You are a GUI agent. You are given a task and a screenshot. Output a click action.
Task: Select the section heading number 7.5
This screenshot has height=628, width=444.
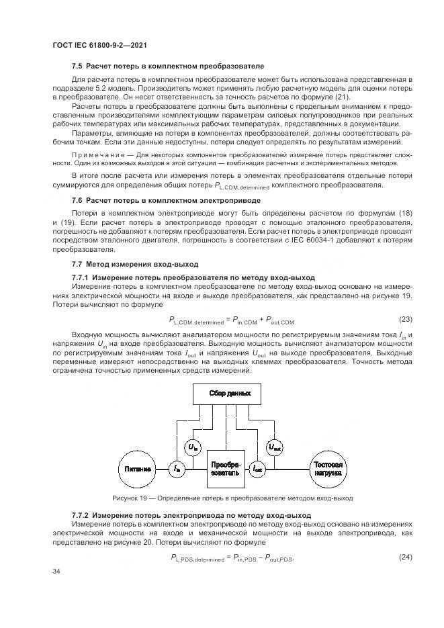[x=77, y=66]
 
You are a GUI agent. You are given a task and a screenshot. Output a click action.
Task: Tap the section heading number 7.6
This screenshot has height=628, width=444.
[x=77, y=200]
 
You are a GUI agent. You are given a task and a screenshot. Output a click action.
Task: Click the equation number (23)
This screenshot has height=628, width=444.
[x=406, y=319]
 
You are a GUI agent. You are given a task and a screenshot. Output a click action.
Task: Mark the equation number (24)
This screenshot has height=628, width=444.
[x=406, y=557]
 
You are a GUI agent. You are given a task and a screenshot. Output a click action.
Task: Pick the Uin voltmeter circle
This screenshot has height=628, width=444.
[x=192, y=447]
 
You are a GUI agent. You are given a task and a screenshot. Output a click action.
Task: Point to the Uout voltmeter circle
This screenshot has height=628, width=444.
[x=275, y=447]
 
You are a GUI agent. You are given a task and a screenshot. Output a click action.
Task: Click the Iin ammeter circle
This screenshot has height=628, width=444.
[x=177, y=469]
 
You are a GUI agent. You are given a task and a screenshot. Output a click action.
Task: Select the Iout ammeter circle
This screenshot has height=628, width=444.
[x=257, y=469]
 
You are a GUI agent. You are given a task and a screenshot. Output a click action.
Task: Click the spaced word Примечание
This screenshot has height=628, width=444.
[x=96, y=153]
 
